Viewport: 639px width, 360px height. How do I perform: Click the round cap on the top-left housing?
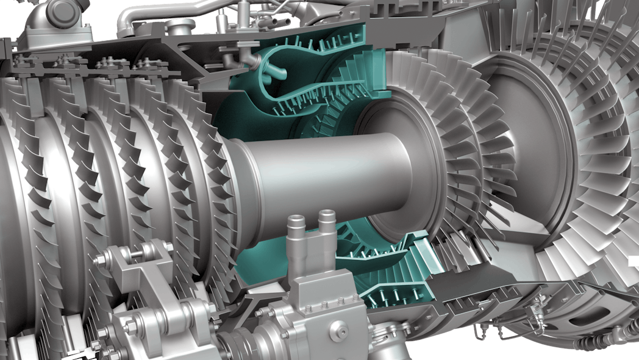(x=60, y=9)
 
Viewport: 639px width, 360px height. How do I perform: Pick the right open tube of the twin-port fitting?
(x=327, y=217)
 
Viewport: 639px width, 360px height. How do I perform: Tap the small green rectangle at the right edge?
(x=634, y=262)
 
